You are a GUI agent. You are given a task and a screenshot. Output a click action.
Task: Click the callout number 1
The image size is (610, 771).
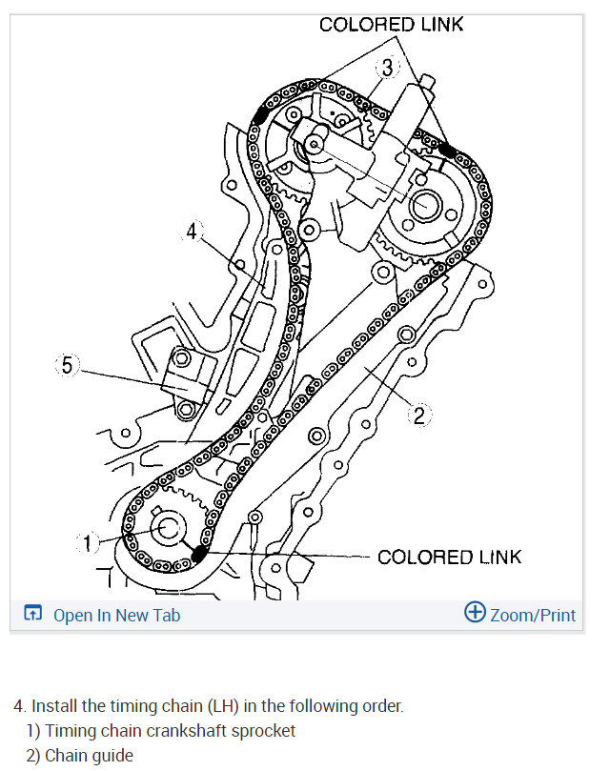click(87, 543)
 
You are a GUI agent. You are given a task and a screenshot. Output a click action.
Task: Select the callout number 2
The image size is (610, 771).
click(419, 416)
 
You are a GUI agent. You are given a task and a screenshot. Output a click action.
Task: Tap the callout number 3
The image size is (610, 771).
click(388, 68)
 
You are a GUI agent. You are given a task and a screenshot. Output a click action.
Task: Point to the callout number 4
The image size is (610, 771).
click(192, 231)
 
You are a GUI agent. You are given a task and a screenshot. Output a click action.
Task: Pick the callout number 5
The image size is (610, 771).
click(68, 365)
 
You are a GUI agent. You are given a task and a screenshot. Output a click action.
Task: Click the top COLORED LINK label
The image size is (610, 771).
click(391, 25)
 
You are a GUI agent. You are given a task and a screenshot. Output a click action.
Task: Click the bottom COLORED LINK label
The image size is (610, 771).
click(449, 558)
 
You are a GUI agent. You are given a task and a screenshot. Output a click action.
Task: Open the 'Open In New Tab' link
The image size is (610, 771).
click(116, 615)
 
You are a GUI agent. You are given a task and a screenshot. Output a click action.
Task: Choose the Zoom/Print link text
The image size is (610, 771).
click(533, 615)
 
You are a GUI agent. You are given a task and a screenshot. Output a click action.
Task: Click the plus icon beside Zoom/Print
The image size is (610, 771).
click(475, 612)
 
